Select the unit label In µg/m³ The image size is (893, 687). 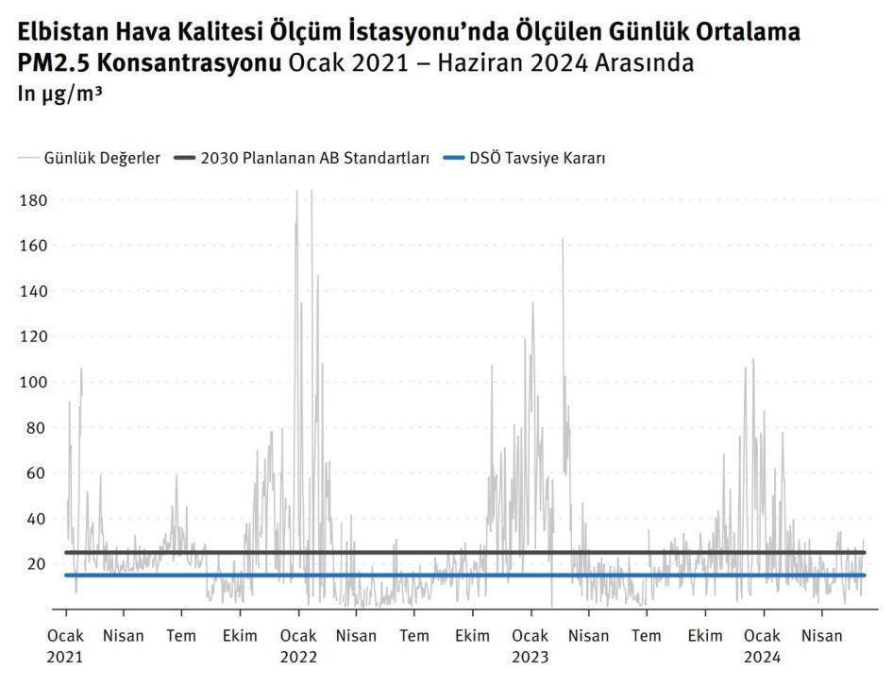59,94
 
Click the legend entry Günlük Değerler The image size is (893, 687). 102,158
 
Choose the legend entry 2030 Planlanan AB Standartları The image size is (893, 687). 315,158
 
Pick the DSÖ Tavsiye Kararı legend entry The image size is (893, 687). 537,158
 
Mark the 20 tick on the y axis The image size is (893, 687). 36,564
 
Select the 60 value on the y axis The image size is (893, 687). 36,473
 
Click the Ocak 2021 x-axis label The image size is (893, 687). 65,645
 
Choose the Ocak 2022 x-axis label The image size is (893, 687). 298,645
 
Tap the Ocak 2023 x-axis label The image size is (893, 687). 531,645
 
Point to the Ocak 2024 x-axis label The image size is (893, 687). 762,645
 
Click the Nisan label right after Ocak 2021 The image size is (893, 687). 124,636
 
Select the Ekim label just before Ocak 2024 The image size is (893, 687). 705,636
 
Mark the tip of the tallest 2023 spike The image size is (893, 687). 563,239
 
